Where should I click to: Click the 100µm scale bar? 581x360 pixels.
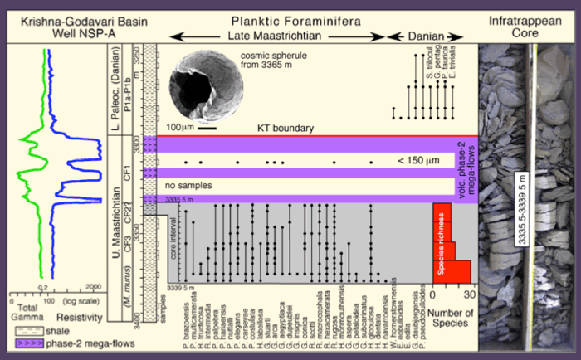pos(207,129)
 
